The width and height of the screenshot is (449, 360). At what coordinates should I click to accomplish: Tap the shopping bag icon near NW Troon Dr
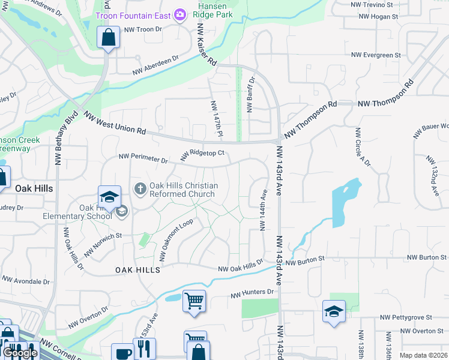click(x=108, y=38)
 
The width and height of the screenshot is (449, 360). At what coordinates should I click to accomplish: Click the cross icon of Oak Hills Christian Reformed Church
click(x=140, y=190)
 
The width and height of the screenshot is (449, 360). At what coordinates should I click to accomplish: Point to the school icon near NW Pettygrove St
click(x=334, y=311)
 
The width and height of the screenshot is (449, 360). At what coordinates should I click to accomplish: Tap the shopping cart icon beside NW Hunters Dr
click(x=194, y=301)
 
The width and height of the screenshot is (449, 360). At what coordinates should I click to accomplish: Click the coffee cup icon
click(x=122, y=353)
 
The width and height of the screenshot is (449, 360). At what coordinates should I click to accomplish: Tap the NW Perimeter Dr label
click(x=143, y=158)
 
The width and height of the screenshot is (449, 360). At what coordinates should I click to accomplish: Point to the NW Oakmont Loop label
click(x=175, y=240)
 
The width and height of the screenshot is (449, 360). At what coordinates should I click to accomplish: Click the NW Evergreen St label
click(x=376, y=55)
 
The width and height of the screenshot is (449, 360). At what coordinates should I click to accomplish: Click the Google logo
click(x=20, y=353)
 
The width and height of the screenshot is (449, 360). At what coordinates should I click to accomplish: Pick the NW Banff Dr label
click(x=251, y=95)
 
